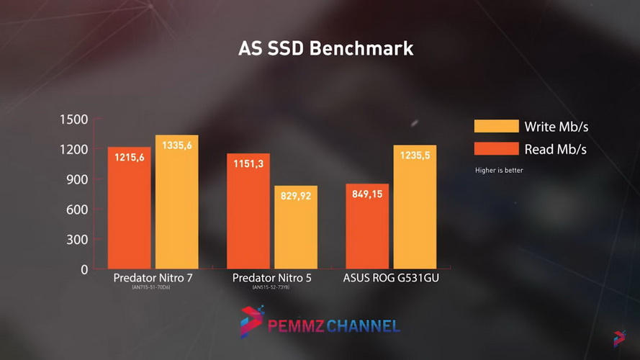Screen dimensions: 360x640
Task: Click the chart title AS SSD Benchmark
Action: click(325, 49)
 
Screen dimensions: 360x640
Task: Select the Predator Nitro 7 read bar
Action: click(130, 209)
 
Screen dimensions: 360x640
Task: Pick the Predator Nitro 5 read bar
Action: click(248, 212)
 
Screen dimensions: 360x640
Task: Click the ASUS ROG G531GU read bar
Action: click(367, 227)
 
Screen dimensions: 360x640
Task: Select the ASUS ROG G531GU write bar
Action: click(415, 209)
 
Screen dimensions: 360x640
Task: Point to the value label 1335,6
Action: click(177, 145)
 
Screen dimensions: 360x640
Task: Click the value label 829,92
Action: click(296, 196)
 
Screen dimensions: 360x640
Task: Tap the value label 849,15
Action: click(367, 194)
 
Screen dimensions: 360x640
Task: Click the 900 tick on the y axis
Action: click(77, 179)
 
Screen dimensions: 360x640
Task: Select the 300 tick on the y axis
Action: click(77, 240)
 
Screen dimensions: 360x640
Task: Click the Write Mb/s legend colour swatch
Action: click(496, 127)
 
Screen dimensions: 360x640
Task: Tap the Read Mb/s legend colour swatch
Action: click(496, 149)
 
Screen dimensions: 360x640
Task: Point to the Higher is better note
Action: click(499, 171)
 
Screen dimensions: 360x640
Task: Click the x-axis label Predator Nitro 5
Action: click(272, 278)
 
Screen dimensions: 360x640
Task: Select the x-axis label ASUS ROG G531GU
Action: click(391, 278)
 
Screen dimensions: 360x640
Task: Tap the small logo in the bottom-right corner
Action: click(620, 337)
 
